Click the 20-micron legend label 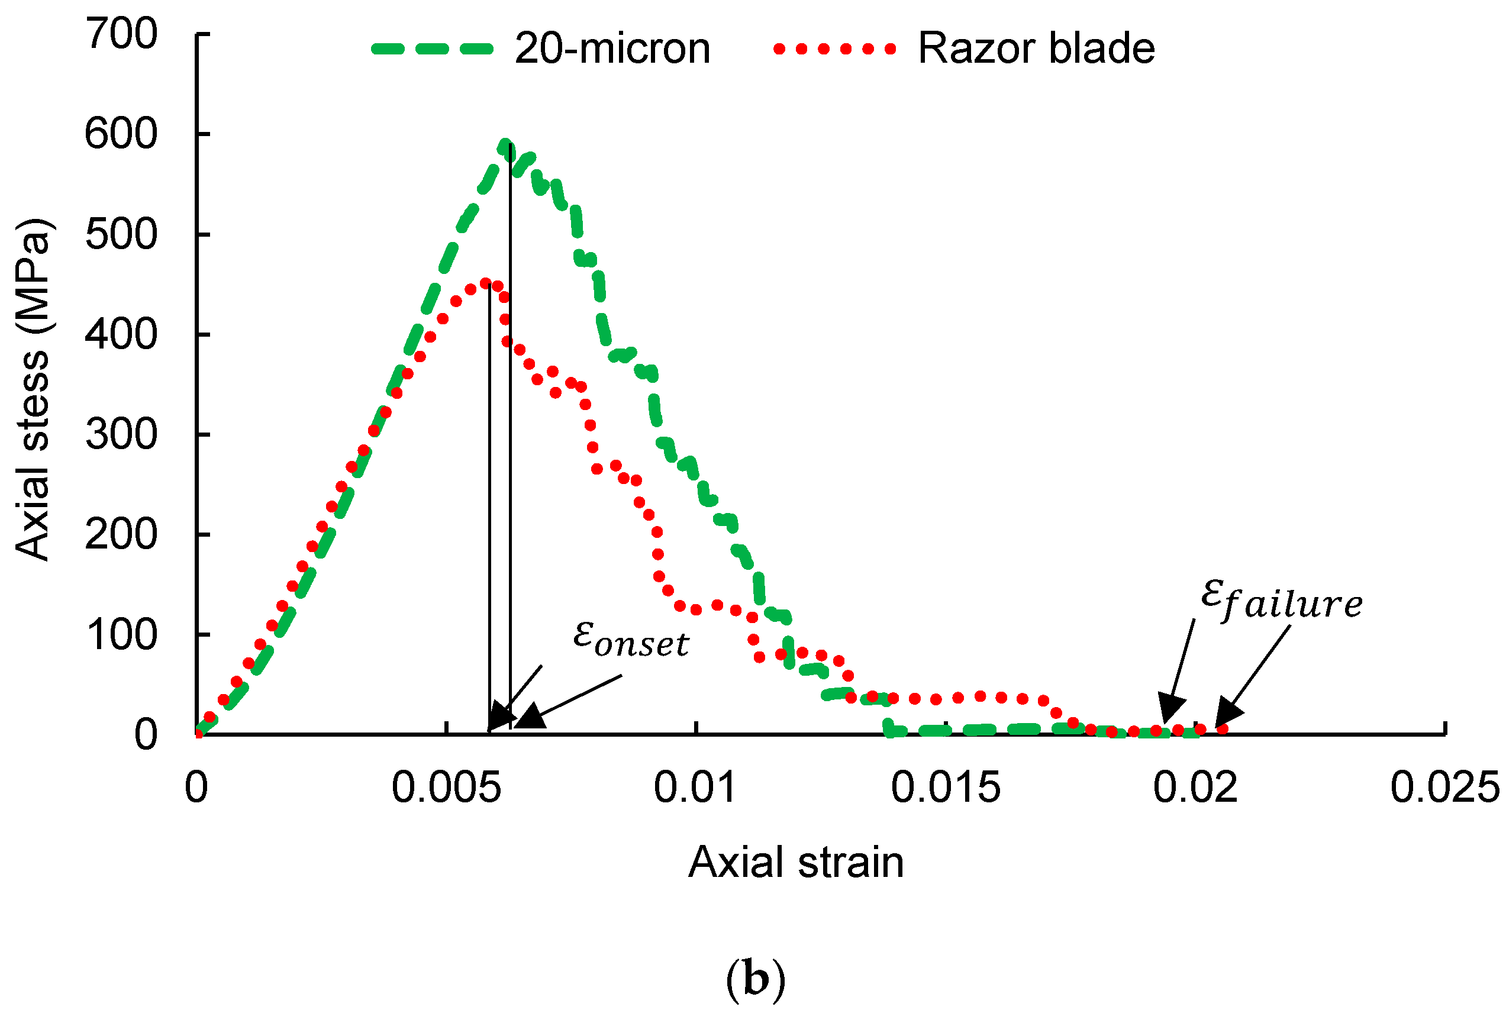[612, 49]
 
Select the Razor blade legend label [1036, 49]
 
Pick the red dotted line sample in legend [834, 49]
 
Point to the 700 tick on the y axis [121, 34]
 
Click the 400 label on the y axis [121, 335]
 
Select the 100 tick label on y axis [121, 635]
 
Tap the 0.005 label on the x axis [446, 788]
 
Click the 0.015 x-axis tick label [946, 788]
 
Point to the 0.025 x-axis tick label [1444, 788]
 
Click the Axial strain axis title [796, 863]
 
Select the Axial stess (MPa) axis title [33, 389]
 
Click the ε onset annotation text [631, 639]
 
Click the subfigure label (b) [755, 979]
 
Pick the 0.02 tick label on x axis [1195, 788]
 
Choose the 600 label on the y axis [121, 134]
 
